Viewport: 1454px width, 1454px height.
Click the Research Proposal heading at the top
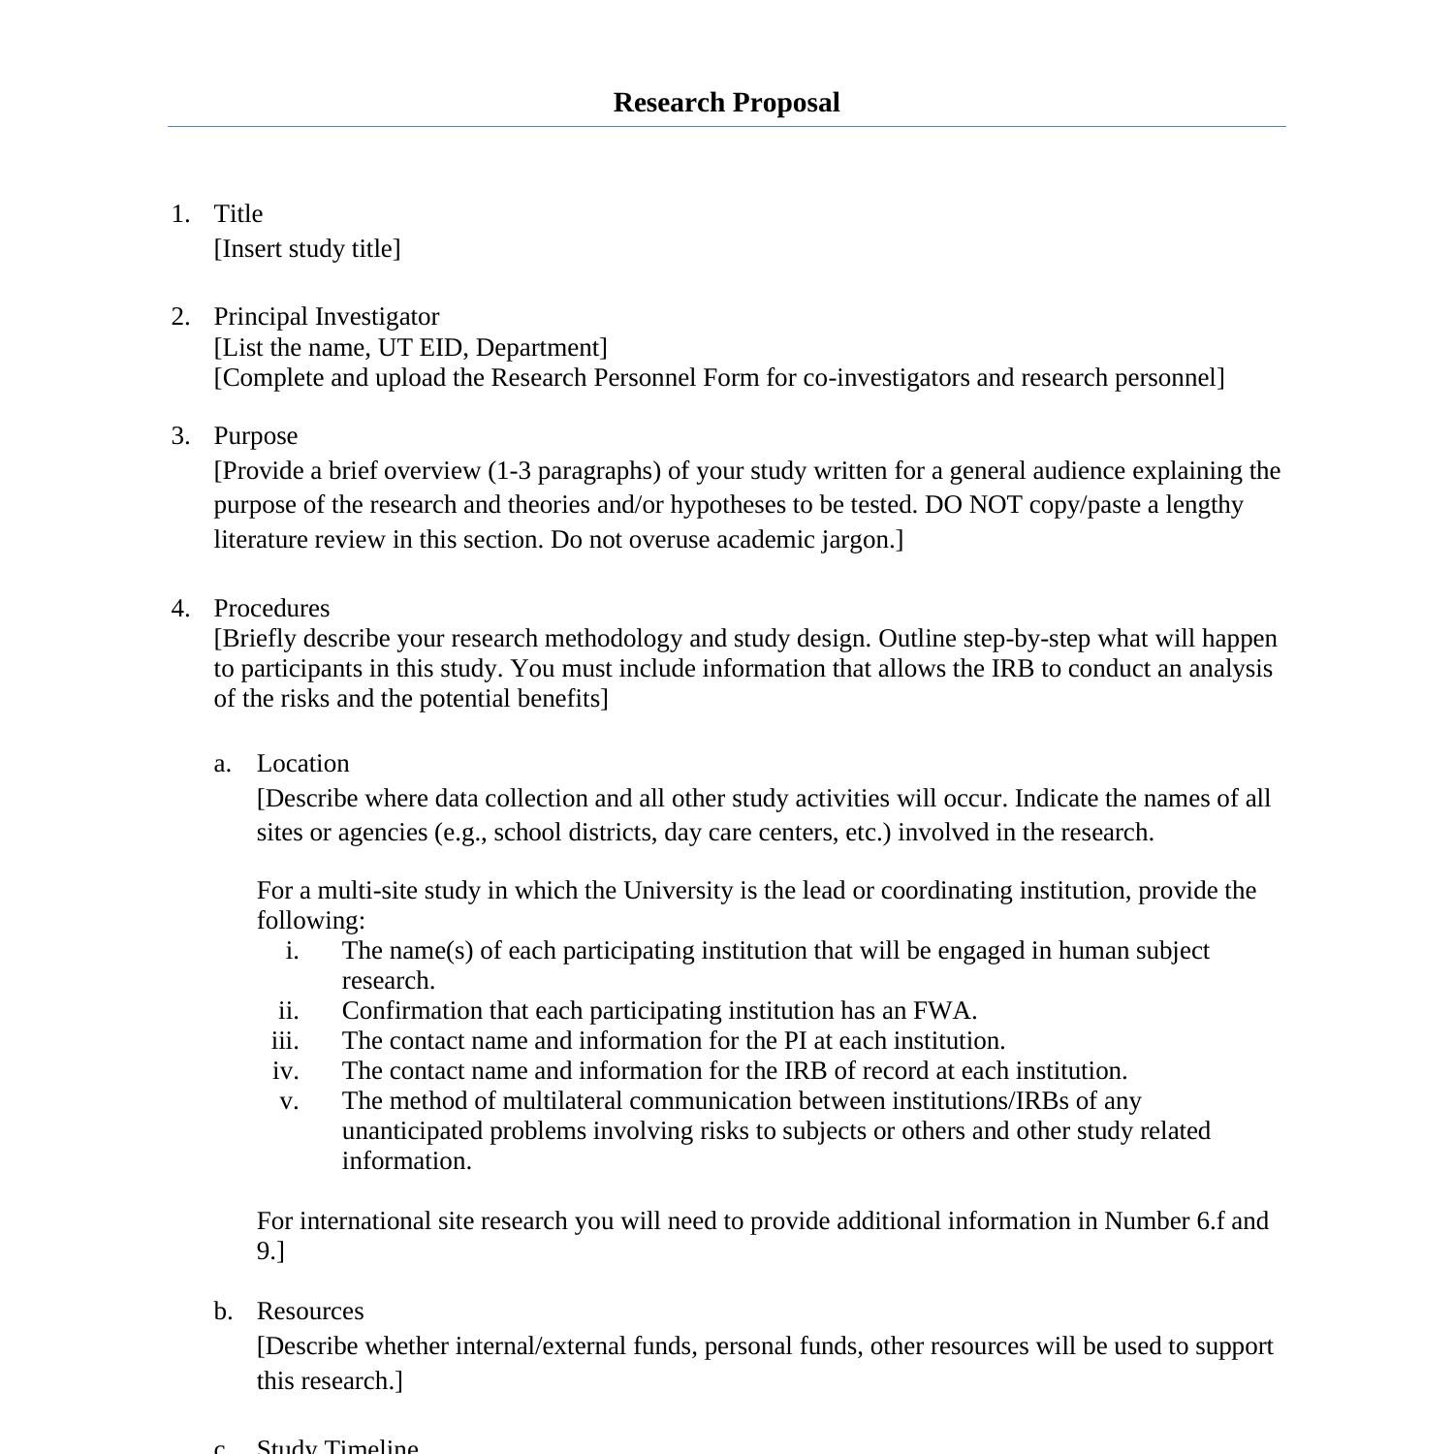point(726,103)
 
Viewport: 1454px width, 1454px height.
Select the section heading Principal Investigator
point(326,317)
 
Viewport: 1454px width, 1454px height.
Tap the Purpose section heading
point(255,436)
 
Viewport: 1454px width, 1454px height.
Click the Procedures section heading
point(271,609)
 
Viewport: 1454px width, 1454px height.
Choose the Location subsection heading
point(302,764)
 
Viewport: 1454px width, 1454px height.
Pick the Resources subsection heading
point(310,1312)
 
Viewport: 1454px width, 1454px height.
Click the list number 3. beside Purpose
point(180,436)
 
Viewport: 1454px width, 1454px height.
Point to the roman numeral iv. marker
point(285,1071)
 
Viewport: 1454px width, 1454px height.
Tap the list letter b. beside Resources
point(223,1312)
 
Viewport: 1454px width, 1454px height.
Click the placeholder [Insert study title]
point(307,249)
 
